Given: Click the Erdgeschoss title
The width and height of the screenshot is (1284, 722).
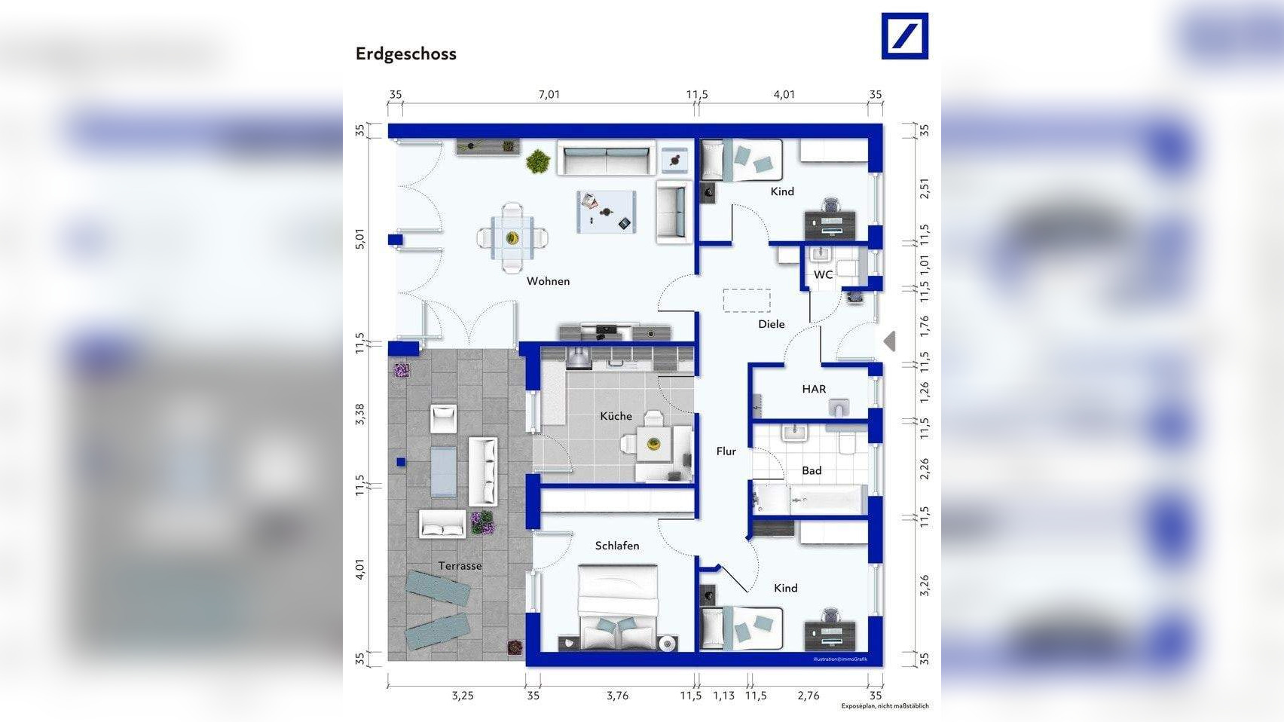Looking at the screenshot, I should coord(405,54).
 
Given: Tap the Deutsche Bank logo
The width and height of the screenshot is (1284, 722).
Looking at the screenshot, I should coord(904,35).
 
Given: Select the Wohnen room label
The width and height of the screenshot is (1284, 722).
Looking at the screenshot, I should coord(548,281).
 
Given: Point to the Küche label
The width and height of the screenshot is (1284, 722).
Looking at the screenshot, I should coord(616,416).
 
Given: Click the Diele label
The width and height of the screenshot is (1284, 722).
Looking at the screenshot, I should coord(771,324).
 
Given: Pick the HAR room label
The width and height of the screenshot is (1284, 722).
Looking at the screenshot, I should coord(814,389).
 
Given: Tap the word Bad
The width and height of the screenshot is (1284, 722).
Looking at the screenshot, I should coord(812,470).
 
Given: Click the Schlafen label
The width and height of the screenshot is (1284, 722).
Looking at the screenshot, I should coord(617,546).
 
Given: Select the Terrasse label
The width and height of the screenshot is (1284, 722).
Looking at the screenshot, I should coord(460,566).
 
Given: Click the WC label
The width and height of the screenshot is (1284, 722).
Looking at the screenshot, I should coord(823,274).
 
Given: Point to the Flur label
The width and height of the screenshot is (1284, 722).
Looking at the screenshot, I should coord(726,451).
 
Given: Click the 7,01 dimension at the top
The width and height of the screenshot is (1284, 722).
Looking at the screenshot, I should coord(549,94).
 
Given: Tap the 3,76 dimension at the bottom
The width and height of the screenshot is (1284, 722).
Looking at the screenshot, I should coord(617,696).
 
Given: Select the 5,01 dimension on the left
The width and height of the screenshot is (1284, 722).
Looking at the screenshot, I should coord(360,240).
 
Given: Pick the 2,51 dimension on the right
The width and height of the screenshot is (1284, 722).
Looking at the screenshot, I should coord(925,188).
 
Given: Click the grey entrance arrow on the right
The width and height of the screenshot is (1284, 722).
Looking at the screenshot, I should coord(890,341).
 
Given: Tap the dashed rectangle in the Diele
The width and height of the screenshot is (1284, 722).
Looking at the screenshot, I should coord(747,300).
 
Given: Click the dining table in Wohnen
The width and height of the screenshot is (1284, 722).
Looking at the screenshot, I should coord(512,238).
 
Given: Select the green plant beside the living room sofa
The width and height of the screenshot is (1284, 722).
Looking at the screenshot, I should coord(538,161).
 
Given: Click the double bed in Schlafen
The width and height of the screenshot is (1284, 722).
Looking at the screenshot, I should coord(618,608).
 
